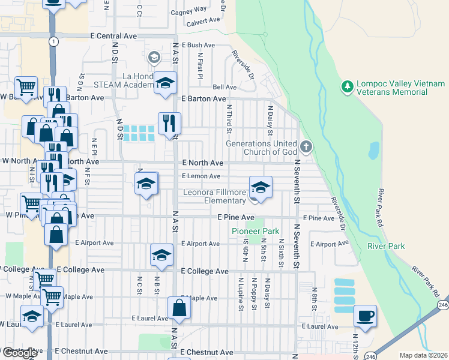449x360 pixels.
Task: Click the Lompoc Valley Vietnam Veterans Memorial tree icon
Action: pos(347,88)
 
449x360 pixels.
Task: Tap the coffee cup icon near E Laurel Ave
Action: pos(364,315)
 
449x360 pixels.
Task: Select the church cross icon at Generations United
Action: pos(306,146)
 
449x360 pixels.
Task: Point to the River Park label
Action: pos(386,246)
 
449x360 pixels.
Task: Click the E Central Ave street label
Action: pos(114,36)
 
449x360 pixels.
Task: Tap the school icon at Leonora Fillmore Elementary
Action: pos(261,187)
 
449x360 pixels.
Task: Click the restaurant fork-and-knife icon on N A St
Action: pos(169,123)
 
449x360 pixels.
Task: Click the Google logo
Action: pos(19,353)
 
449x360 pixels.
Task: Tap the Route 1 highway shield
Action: pos(54,41)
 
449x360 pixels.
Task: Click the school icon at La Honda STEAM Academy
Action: pos(166,83)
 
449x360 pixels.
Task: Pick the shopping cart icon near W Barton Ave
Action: pos(26,88)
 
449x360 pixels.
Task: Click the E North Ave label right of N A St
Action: pos(202,163)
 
